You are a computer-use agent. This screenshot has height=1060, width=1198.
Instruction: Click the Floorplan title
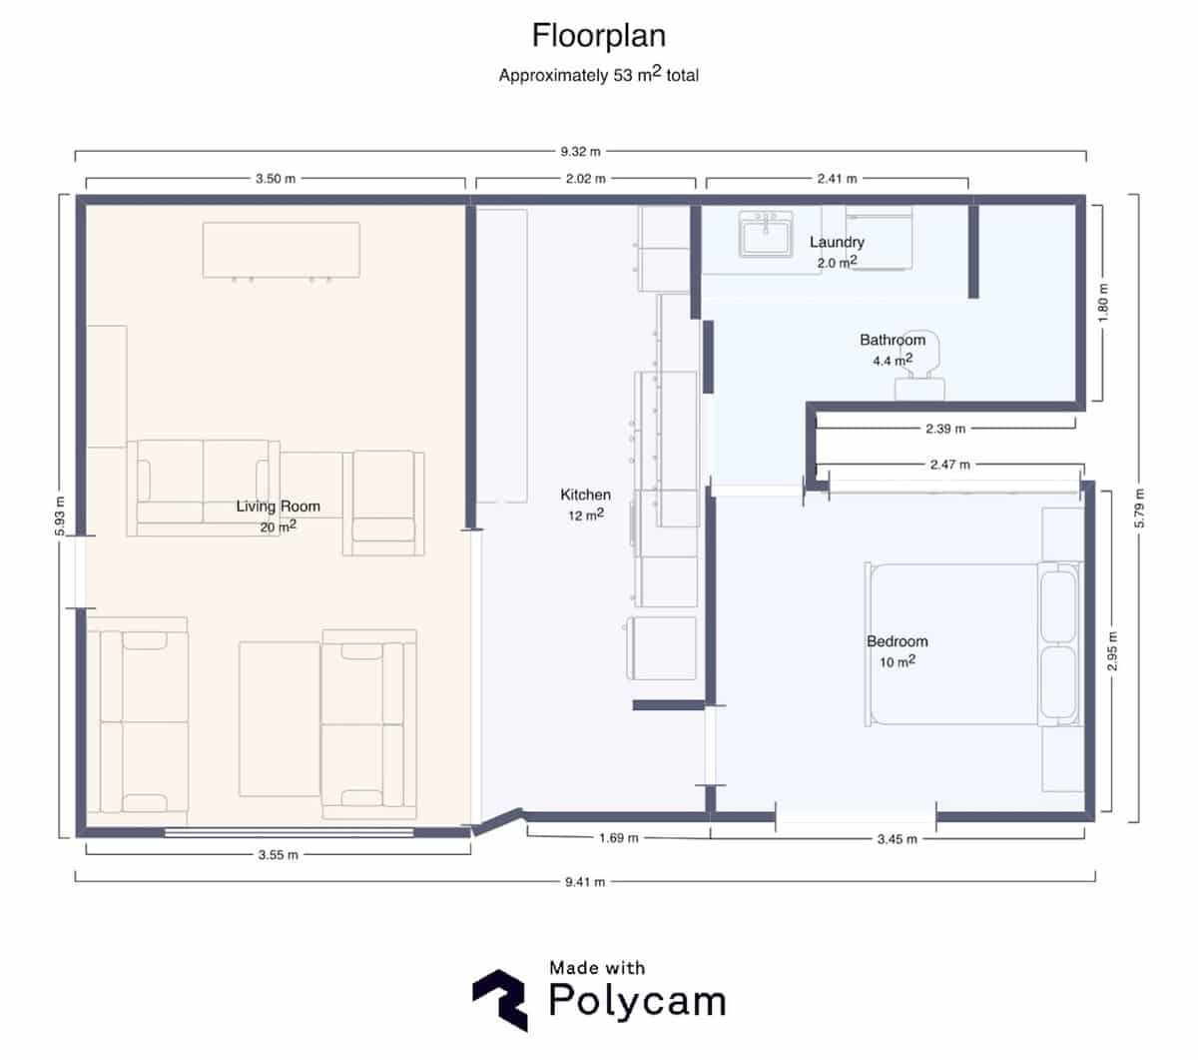[598, 36]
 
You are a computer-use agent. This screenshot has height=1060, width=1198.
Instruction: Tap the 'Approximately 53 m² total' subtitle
[598, 75]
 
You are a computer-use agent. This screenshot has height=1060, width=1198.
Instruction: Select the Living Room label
[278, 507]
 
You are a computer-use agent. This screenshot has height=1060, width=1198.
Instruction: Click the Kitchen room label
[585, 495]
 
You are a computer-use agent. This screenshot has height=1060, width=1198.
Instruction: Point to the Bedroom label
[897, 641]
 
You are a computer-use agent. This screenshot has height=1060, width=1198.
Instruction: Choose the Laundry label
[837, 242]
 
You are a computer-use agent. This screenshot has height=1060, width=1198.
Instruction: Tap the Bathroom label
[893, 340]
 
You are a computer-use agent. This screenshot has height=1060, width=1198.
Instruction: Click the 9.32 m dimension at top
[580, 152]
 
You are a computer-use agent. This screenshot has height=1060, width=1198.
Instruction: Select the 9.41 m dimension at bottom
[585, 881]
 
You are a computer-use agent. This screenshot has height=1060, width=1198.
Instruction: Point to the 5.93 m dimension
[61, 517]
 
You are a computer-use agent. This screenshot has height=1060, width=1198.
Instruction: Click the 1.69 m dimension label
[618, 837]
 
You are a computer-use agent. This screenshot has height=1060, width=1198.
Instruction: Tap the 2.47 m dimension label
[948, 465]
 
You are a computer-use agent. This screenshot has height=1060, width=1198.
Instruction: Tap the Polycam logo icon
[499, 998]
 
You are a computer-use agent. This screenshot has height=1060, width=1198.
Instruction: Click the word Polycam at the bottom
[637, 1000]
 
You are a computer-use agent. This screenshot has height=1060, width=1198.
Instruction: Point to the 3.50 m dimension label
[276, 180]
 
